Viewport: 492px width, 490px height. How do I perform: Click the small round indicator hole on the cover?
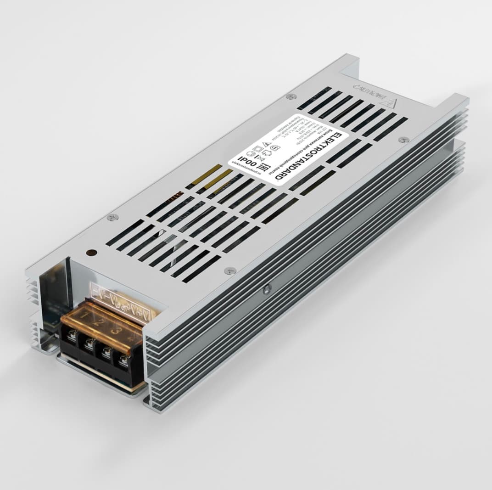91,253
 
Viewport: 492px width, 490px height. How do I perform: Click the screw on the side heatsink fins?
267,288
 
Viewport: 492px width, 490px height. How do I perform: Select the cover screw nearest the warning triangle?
404,139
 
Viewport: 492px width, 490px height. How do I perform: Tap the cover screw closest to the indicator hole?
112,217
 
